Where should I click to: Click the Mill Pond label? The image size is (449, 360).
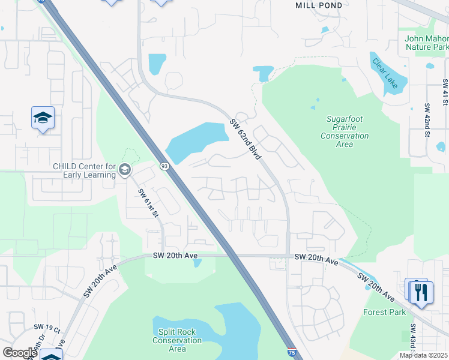pyautogui.click(x=319, y=5)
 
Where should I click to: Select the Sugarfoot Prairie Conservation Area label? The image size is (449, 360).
pyautogui.click(x=345, y=132)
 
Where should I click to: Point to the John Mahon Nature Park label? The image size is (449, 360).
pyautogui.click(x=427, y=43)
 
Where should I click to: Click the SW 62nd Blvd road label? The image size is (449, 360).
pyautogui.click(x=246, y=139)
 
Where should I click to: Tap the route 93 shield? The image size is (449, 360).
pyautogui.click(x=164, y=165)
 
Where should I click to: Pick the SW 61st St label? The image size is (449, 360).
pyautogui.click(x=148, y=203)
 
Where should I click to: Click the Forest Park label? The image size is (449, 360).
pyautogui.click(x=384, y=312)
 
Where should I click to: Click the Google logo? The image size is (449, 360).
pyautogui.click(x=20, y=353)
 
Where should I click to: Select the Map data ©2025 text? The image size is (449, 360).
pyautogui.click(x=423, y=355)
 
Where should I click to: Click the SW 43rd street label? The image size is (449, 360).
pyautogui.click(x=414, y=339)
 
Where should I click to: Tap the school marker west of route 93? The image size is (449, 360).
pyautogui.click(x=43, y=118)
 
